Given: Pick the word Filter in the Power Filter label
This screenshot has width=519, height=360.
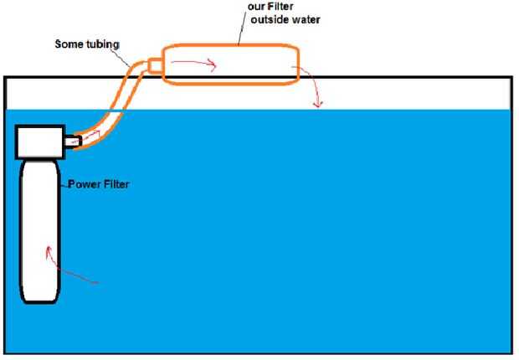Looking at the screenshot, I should coord(116,184).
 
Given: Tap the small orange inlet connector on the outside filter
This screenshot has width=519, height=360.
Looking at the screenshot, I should coord(154,65).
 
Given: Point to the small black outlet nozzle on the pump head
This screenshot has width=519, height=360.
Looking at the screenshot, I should coord(75,141).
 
